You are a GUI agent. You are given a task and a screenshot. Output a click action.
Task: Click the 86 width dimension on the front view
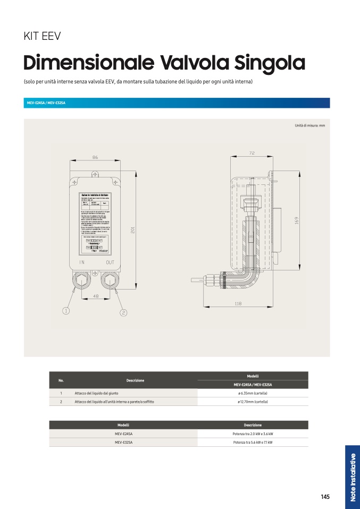(95, 158)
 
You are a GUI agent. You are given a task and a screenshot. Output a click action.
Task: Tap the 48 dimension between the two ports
(96, 296)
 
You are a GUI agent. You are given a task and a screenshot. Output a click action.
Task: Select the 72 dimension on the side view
(252, 153)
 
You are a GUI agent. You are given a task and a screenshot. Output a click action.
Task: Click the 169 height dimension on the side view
(297, 219)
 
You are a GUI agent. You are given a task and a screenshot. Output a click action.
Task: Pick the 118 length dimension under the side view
(238, 303)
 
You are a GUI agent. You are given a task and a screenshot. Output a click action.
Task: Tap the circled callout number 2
(123, 312)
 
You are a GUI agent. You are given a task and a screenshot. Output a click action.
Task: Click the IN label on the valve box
(82, 262)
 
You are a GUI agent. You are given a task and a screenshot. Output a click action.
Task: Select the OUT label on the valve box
(110, 262)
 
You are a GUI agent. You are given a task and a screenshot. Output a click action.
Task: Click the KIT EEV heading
(42, 37)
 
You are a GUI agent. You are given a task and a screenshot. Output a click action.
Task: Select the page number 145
(325, 497)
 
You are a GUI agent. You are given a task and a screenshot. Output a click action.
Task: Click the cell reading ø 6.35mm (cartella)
(253, 393)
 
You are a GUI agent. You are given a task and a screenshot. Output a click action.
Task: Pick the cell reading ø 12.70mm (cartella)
(253, 402)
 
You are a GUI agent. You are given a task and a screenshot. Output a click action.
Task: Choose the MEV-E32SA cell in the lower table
(123, 442)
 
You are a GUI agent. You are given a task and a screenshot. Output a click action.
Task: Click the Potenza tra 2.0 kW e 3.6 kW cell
(253, 434)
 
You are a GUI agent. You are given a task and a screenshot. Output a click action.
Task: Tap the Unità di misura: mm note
(309, 125)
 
